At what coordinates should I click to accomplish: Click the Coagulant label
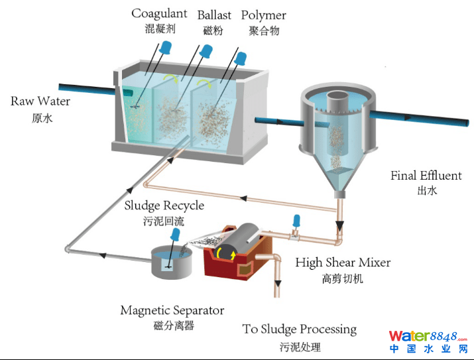pos(158,13)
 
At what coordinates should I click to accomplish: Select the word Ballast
pos(213,15)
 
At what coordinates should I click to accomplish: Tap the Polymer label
pos(263,15)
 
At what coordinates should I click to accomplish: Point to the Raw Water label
pos(40,101)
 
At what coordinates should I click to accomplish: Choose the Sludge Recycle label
pos(164,206)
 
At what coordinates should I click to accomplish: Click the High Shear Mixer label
pos(343,263)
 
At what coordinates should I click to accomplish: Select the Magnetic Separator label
pos(172,310)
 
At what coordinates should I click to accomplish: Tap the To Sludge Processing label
pos(299,330)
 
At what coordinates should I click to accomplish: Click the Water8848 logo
pos(428,341)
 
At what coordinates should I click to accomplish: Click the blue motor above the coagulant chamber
pos(165,47)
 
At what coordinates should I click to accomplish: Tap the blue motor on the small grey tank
pos(176,234)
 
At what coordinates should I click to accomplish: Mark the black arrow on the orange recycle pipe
pos(244,198)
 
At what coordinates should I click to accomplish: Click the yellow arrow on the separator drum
pos(233,253)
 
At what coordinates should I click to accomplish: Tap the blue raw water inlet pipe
pos(87,90)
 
